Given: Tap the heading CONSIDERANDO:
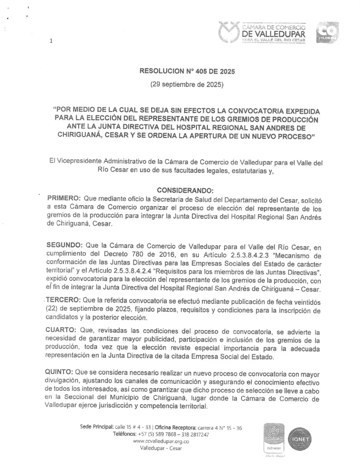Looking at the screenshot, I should pyautogui.click(x=185, y=190).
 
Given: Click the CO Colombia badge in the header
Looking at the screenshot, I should pyautogui.click(x=327, y=32).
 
